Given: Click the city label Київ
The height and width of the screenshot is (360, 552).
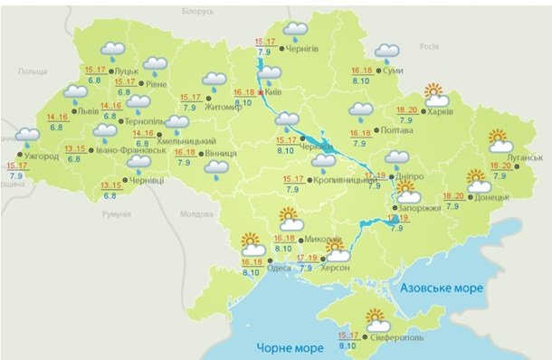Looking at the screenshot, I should [x=277, y=93].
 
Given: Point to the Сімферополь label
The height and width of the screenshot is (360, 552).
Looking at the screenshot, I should [x=395, y=336].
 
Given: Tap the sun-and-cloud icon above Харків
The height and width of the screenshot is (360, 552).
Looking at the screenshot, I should [x=436, y=94].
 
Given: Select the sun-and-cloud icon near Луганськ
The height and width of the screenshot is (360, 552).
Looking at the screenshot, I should [x=500, y=142].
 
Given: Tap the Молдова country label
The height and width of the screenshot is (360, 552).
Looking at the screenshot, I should [x=195, y=214].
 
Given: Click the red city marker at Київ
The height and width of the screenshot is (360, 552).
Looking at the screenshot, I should [x=262, y=92].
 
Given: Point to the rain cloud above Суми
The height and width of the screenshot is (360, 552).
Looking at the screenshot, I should [x=387, y=52].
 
